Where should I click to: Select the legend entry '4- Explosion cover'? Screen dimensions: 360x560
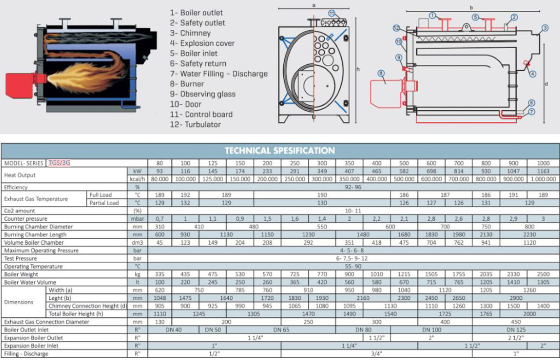point(202,43)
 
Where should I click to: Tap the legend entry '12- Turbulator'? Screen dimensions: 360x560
point(196,125)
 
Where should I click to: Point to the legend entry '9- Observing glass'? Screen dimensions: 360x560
point(203,94)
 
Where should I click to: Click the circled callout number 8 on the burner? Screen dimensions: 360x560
point(382,73)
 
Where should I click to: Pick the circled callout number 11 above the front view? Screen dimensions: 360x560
point(332,13)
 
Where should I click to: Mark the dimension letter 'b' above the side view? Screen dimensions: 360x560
point(472,7)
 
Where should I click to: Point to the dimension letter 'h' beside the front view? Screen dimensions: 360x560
point(358,70)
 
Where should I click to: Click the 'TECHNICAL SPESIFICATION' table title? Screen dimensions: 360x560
point(280,151)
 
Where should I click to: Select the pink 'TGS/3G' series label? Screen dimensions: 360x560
point(59,163)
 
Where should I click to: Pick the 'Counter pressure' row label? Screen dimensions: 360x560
point(26,219)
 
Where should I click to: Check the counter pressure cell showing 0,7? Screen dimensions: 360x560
point(160,219)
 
